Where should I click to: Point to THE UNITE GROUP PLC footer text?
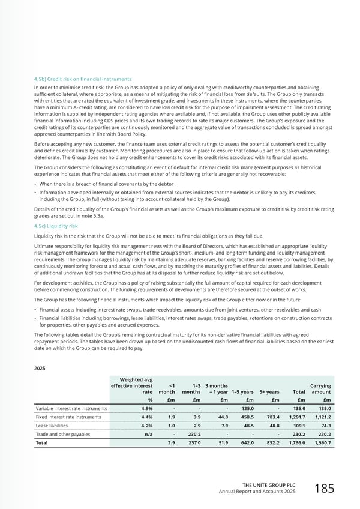(x=274, y=485)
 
